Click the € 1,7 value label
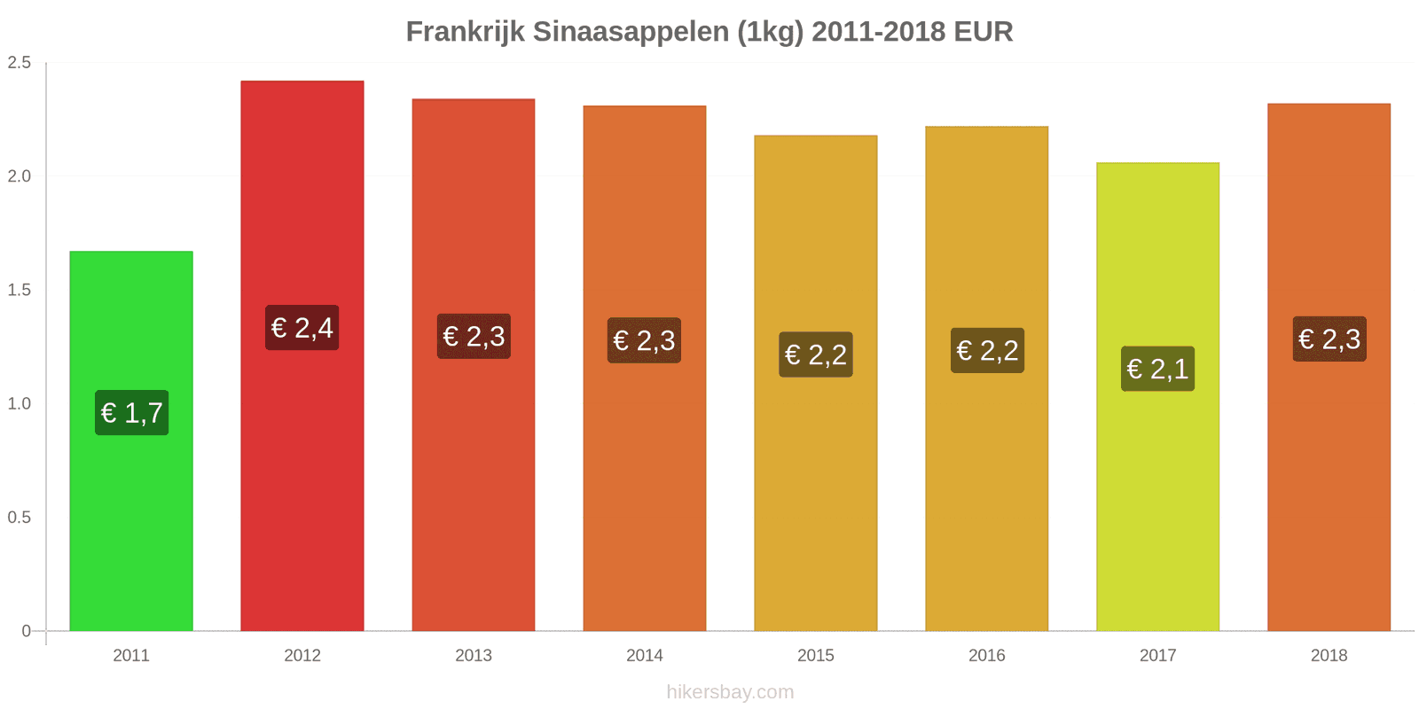[132, 413]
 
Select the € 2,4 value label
[302, 328]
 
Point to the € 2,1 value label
[1157, 369]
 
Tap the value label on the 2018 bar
[1329, 339]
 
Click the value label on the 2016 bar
[987, 350]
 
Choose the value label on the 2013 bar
[474, 336]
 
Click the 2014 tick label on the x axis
[645, 656]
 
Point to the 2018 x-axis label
[1329, 656]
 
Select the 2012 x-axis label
[302, 656]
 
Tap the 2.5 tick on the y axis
[20, 62]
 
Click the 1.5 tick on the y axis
[20, 290]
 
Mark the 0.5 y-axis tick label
[20, 517]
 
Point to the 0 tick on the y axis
[26, 631]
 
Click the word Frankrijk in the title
[465, 32]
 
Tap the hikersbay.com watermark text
[730, 692]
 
